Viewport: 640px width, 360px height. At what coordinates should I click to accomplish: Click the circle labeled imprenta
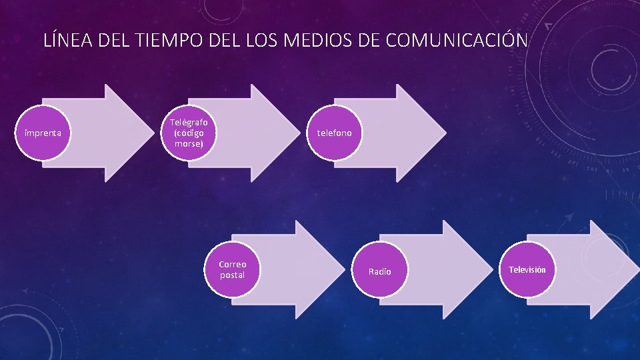point(43,133)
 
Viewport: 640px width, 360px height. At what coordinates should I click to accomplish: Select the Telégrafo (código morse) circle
point(189,133)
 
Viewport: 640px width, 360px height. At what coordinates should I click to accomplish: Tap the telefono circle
point(334,133)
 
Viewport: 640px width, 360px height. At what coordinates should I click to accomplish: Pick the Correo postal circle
point(232,269)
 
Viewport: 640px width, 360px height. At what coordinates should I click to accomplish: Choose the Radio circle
point(379,271)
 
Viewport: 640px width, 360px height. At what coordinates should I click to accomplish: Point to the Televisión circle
point(527,269)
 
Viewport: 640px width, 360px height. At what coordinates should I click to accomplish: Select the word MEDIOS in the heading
point(314,41)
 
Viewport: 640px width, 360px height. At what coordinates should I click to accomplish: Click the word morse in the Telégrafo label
point(189,143)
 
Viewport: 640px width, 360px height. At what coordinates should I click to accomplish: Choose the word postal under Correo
point(232,275)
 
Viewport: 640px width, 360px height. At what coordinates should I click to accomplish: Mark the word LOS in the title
point(259,41)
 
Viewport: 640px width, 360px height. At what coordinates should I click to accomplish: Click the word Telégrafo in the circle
point(189,123)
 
